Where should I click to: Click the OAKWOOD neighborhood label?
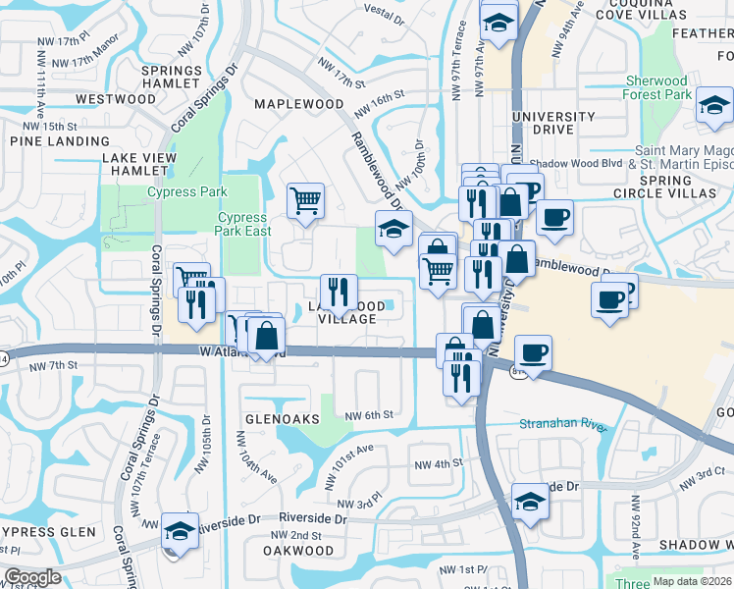point(298,551)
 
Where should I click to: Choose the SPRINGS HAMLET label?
point(171,78)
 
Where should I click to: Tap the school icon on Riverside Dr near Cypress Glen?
point(180,531)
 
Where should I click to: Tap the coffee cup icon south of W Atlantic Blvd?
point(533,351)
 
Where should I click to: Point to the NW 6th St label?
point(369,415)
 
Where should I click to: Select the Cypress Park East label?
point(241,224)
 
